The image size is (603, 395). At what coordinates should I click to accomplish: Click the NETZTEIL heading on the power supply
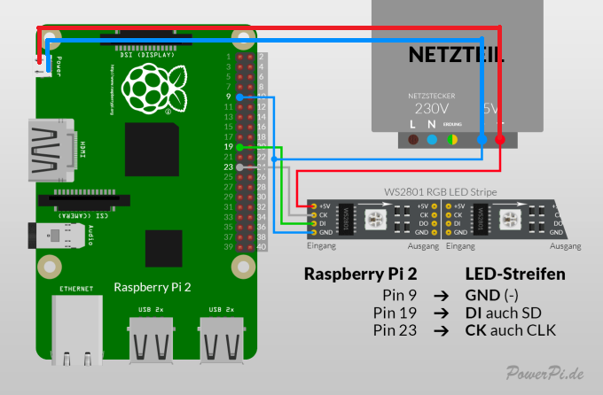pyautogui.click(x=457, y=54)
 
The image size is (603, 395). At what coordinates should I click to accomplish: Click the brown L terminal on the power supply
pyautogui.click(x=413, y=140)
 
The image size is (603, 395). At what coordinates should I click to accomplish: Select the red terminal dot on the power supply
pyautogui.click(x=500, y=140)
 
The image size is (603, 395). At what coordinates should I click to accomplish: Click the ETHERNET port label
pyautogui.click(x=75, y=289)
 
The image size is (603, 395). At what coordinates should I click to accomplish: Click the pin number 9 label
pyautogui.click(x=229, y=96)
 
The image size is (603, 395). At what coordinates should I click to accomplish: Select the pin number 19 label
pyautogui.click(x=228, y=145)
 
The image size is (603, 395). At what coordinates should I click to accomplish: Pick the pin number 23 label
pyautogui.click(x=228, y=166)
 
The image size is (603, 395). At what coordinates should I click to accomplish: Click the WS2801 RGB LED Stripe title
pyautogui.click(x=441, y=191)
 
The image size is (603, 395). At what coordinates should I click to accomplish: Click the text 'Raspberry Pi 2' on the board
pyautogui.click(x=153, y=287)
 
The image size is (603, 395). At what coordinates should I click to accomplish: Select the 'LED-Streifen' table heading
pyautogui.click(x=515, y=275)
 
